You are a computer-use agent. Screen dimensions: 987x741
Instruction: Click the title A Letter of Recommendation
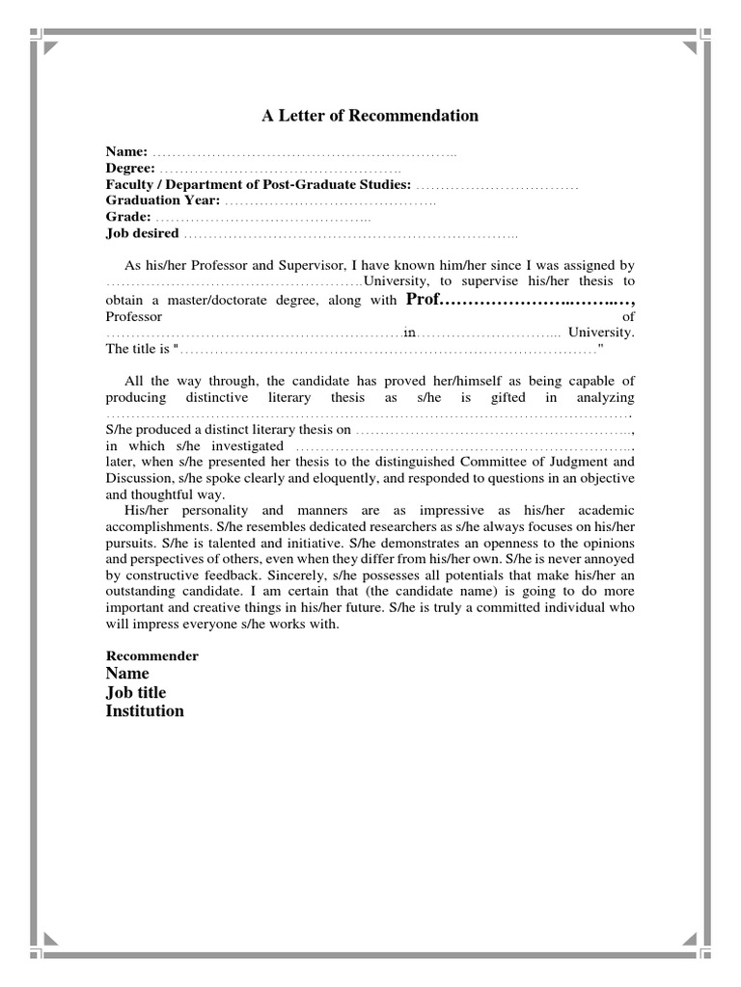click(x=370, y=116)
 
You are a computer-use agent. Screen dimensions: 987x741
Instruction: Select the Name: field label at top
click(x=126, y=152)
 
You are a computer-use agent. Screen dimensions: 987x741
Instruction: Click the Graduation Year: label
click(x=163, y=200)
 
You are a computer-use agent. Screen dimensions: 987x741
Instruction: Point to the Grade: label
click(x=128, y=217)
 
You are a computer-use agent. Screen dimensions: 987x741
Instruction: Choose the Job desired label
click(x=142, y=233)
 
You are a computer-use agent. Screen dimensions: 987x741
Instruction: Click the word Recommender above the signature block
click(x=151, y=655)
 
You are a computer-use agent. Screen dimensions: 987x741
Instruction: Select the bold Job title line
click(x=135, y=692)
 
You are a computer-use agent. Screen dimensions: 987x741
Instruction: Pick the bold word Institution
click(x=145, y=711)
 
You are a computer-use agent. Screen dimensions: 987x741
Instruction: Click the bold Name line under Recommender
click(x=127, y=674)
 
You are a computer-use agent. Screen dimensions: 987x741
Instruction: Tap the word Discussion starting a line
click(x=136, y=478)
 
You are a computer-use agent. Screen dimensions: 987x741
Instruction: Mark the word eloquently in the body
click(x=339, y=478)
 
